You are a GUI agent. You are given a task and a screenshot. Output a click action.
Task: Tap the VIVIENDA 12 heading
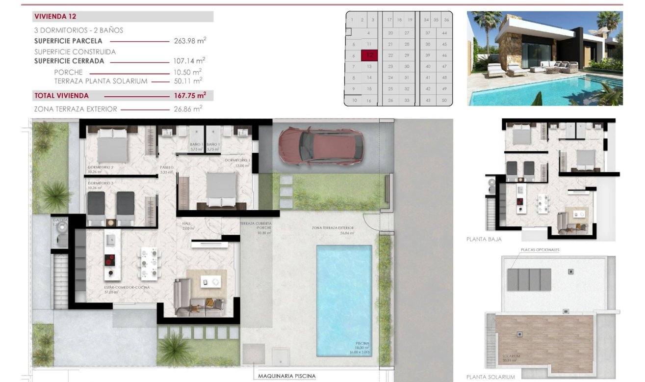tap(55, 16)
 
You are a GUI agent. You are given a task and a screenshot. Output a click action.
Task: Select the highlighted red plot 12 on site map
tap(369, 55)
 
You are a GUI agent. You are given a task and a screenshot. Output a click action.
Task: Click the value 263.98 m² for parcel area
tap(190, 41)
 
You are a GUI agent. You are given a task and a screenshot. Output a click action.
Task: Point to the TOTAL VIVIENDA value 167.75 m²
tap(190, 95)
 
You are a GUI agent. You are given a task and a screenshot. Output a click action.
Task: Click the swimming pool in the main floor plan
tap(343, 300)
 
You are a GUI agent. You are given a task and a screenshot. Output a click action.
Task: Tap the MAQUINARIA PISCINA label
tap(287, 376)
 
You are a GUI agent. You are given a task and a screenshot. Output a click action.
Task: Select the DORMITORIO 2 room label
tap(101, 167)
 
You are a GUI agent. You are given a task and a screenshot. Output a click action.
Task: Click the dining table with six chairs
tap(149, 264)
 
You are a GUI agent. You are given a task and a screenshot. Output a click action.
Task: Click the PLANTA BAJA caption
tap(484, 240)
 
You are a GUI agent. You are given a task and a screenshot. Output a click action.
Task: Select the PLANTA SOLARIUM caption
tap(490, 377)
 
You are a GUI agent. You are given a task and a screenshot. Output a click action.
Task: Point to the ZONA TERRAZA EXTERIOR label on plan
tap(333, 228)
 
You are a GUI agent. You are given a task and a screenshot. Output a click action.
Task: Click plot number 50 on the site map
tap(444, 100)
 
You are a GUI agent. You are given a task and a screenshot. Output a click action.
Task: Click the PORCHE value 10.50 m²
tap(190, 72)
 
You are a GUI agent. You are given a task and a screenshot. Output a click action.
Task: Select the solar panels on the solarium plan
tap(529, 279)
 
